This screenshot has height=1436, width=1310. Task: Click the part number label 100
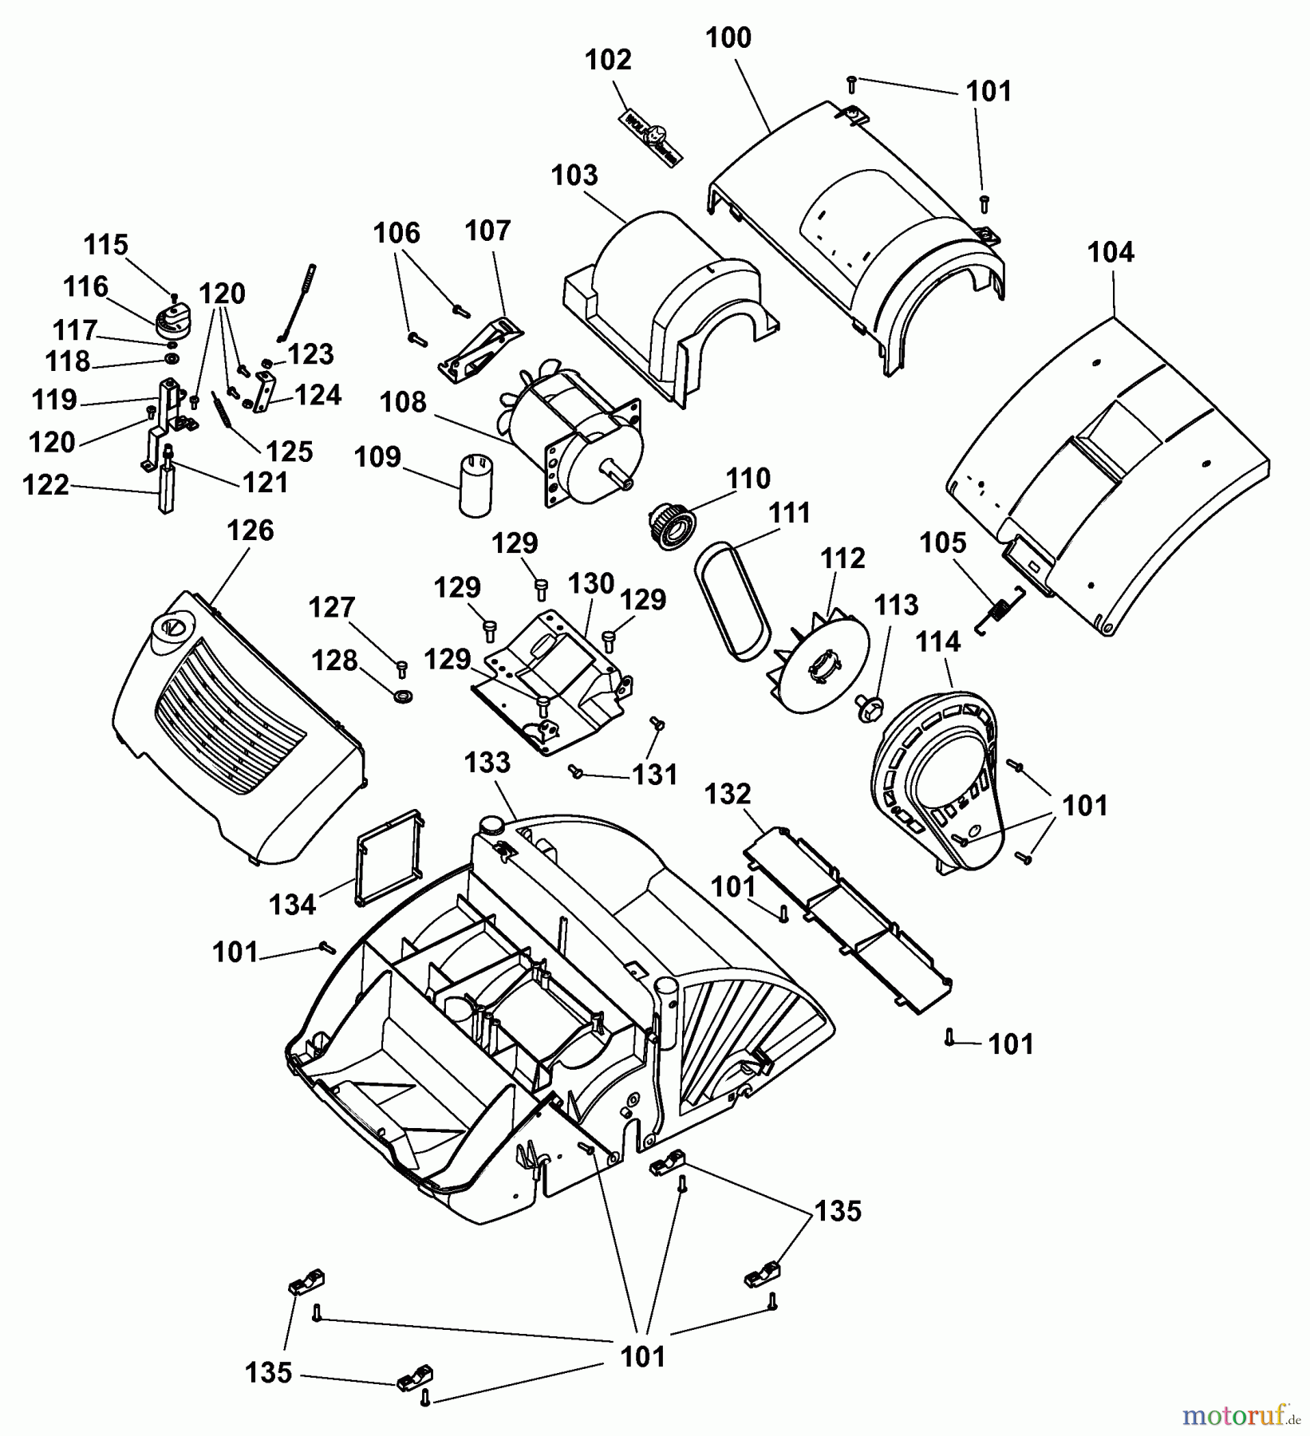[x=728, y=38]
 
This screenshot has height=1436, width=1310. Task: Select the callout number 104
[x=1111, y=253]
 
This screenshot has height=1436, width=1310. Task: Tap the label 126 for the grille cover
[x=251, y=531]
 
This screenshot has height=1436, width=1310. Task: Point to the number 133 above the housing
[x=487, y=763]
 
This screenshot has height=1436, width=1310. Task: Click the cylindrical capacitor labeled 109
[x=475, y=486]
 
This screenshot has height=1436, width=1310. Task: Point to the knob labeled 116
[x=172, y=319]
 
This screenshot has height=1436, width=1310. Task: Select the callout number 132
[x=728, y=794]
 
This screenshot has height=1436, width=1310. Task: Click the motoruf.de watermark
[x=1241, y=1416]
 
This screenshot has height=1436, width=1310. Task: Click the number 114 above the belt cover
[x=939, y=641]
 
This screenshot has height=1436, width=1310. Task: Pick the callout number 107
[x=487, y=231]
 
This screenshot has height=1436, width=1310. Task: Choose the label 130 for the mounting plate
[x=591, y=583]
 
